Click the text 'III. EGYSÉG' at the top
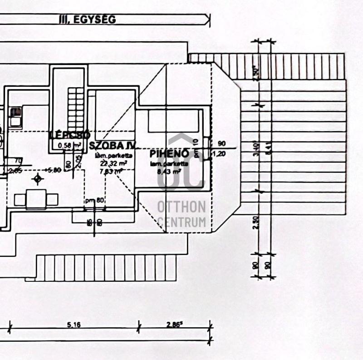click(87, 19)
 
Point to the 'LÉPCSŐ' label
click(70, 135)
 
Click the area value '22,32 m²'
click(111, 163)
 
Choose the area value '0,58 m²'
click(70, 145)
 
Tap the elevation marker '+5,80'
click(53, 170)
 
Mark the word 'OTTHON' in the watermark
click(181, 207)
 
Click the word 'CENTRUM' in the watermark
click(181, 222)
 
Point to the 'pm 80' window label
click(94, 200)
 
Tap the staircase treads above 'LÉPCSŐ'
click(76, 108)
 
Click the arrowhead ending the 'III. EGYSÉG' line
click(207, 19)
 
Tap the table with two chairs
click(37, 199)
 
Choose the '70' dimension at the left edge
click(19, 160)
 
